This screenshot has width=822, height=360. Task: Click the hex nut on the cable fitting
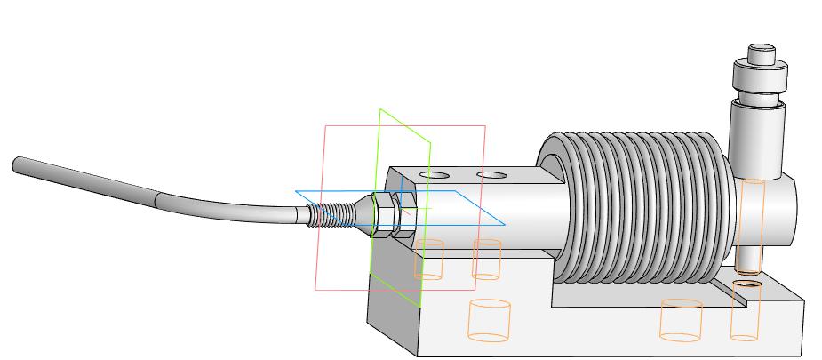click(385, 215)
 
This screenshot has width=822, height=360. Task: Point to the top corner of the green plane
click(380, 109)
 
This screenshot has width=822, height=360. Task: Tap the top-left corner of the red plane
click(325, 127)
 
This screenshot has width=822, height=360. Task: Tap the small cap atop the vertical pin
click(762, 53)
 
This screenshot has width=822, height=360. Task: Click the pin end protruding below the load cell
click(748, 262)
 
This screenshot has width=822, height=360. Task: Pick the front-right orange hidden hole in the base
click(682, 320)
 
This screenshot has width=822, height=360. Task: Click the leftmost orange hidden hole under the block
click(428, 259)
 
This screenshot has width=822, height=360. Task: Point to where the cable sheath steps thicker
click(157, 201)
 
